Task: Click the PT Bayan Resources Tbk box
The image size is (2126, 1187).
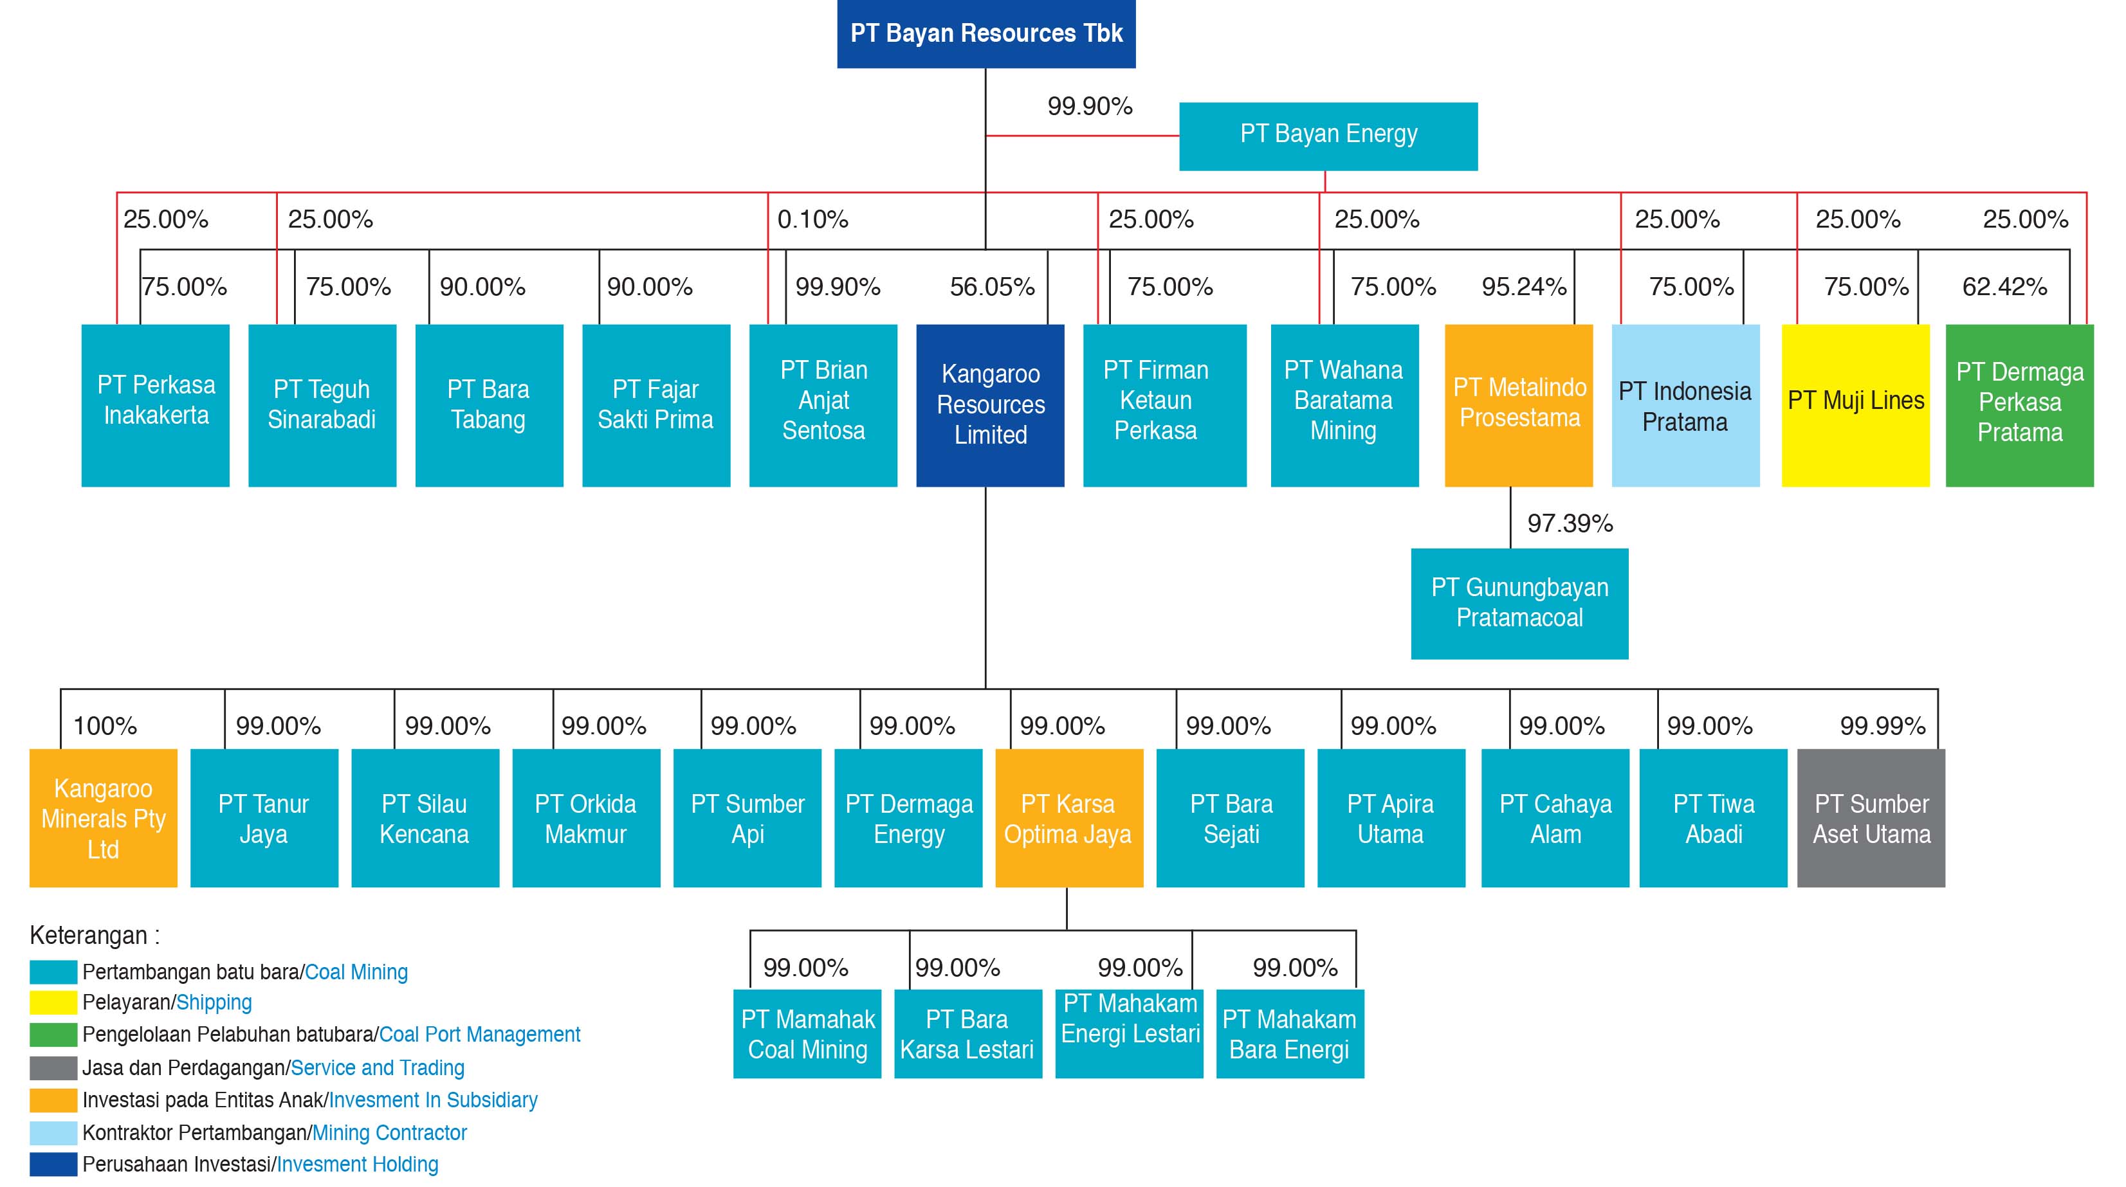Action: [x=986, y=34]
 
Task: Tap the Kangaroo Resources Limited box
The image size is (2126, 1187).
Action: [x=991, y=405]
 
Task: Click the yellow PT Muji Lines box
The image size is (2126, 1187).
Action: [x=1855, y=405]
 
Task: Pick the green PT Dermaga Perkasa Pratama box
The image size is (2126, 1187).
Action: [x=2019, y=405]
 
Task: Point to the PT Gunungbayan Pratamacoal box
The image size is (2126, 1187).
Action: [x=1519, y=604]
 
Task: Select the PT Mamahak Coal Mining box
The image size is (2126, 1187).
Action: [x=807, y=1033]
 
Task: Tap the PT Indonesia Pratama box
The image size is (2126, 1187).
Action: [x=1685, y=405]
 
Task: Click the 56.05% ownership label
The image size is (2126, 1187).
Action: [x=992, y=287]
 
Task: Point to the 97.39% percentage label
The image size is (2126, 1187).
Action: [x=1570, y=523]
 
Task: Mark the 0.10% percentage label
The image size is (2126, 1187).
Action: [x=813, y=219]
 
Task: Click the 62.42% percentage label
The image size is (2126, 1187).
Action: [x=2004, y=287]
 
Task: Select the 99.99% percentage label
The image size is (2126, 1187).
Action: [x=1883, y=726]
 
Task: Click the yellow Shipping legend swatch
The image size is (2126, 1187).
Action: [x=53, y=1003]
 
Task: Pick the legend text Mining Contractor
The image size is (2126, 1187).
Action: [x=390, y=1132]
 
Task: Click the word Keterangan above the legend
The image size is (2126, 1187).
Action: [x=88, y=936]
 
